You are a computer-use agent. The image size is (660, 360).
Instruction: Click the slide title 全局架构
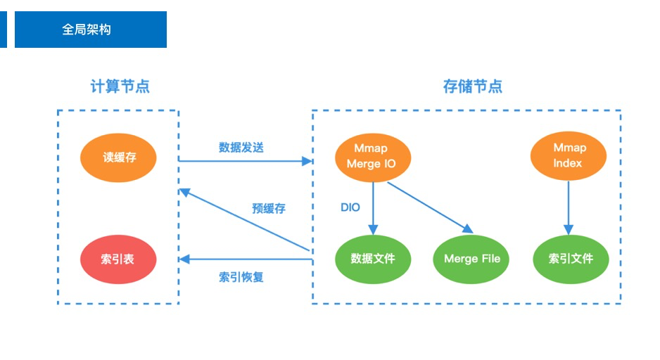click(x=87, y=30)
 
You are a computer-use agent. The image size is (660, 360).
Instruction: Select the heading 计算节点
click(x=120, y=86)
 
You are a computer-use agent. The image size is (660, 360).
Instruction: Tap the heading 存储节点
click(x=472, y=86)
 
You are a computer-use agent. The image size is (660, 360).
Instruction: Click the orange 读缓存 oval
click(x=119, y=157)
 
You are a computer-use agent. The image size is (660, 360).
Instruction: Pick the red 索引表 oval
click(x=118, y=259)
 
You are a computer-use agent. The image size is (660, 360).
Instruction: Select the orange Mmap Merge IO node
click(x=372, y=157)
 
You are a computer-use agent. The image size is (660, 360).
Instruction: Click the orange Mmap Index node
click(x=568, y=156)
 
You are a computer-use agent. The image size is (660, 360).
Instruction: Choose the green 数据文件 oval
click(x=372, y=259)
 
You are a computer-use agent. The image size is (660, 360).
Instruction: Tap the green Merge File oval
click(x=472, y=259)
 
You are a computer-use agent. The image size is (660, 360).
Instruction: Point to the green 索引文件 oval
click(x=571, y=259)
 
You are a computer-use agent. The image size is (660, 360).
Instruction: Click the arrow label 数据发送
click(x=241, y=148)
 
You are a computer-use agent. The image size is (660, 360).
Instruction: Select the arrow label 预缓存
click(x=268, y=209)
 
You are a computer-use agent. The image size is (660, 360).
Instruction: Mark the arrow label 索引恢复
click(x=241, y=277)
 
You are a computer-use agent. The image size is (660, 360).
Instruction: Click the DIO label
click(x=350, y=207)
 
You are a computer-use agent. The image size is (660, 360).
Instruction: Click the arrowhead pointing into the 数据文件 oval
click(x=372, y=230)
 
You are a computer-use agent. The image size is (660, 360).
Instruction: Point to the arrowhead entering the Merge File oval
click(x=467, y=228)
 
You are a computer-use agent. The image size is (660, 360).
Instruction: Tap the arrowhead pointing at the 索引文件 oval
click(x=568, y=230)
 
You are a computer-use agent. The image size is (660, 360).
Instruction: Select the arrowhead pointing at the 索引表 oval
click(x=184, y=259)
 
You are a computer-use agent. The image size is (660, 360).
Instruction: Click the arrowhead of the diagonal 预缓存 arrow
click(x=184, y=192)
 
